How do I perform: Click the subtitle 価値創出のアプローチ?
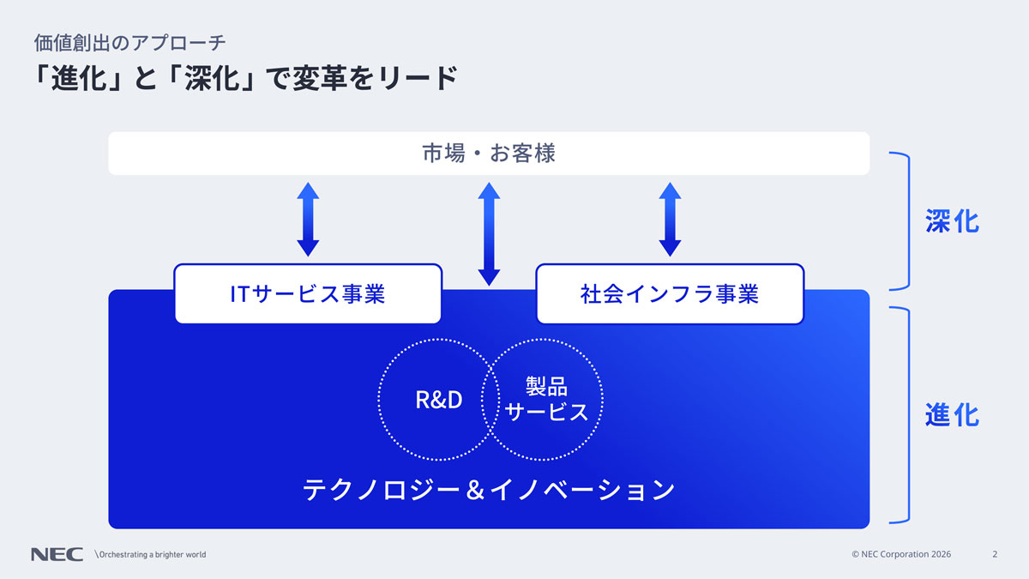click(x=129, y=42)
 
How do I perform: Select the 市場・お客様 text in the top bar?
click(x=489, y=154)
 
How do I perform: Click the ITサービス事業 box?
click(x=308, y=294)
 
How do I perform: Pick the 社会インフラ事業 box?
click(x=670, y=294)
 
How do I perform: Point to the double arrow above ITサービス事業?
click(x=308, y=220)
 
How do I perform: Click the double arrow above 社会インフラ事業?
click(x=670, y=220)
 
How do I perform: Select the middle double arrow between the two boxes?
click(x=489, y=233)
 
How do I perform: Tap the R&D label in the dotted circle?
click(x=438, y=400)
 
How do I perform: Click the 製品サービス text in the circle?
click(x=547, y=400)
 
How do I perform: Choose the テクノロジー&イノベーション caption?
click(x=489, y=490)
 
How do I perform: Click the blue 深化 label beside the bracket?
click(x=952, y=221)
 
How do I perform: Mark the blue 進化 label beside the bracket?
click(x=952, y=415)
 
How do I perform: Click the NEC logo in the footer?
click(x=57, y=554)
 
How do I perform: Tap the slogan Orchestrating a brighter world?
click(x=151, y=554)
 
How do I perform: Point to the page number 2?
click(x=995, y=554)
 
